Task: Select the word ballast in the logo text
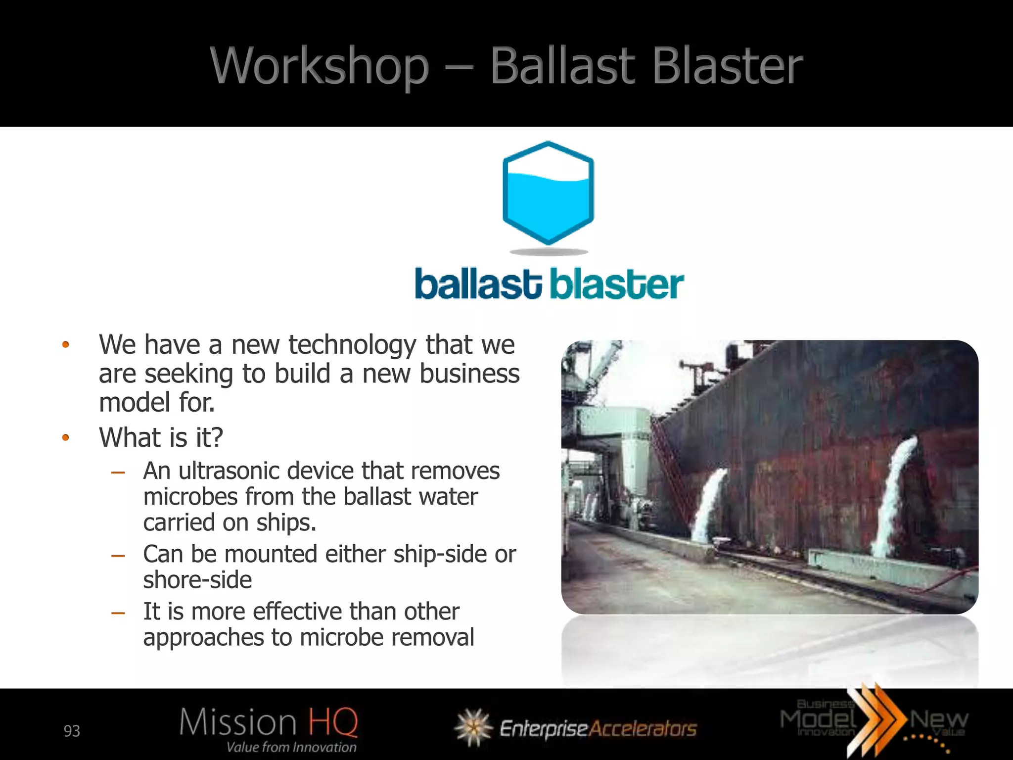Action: [478, 285]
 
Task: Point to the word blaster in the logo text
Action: [617, 285]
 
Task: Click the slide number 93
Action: [72, 731]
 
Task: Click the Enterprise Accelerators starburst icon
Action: [473, 727]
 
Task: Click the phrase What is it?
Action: [161, 437]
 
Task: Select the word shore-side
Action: [197, 580]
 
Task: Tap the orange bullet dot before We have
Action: [65, 345]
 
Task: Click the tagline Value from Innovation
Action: [291, 747]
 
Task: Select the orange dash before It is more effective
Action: [118, 613]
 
